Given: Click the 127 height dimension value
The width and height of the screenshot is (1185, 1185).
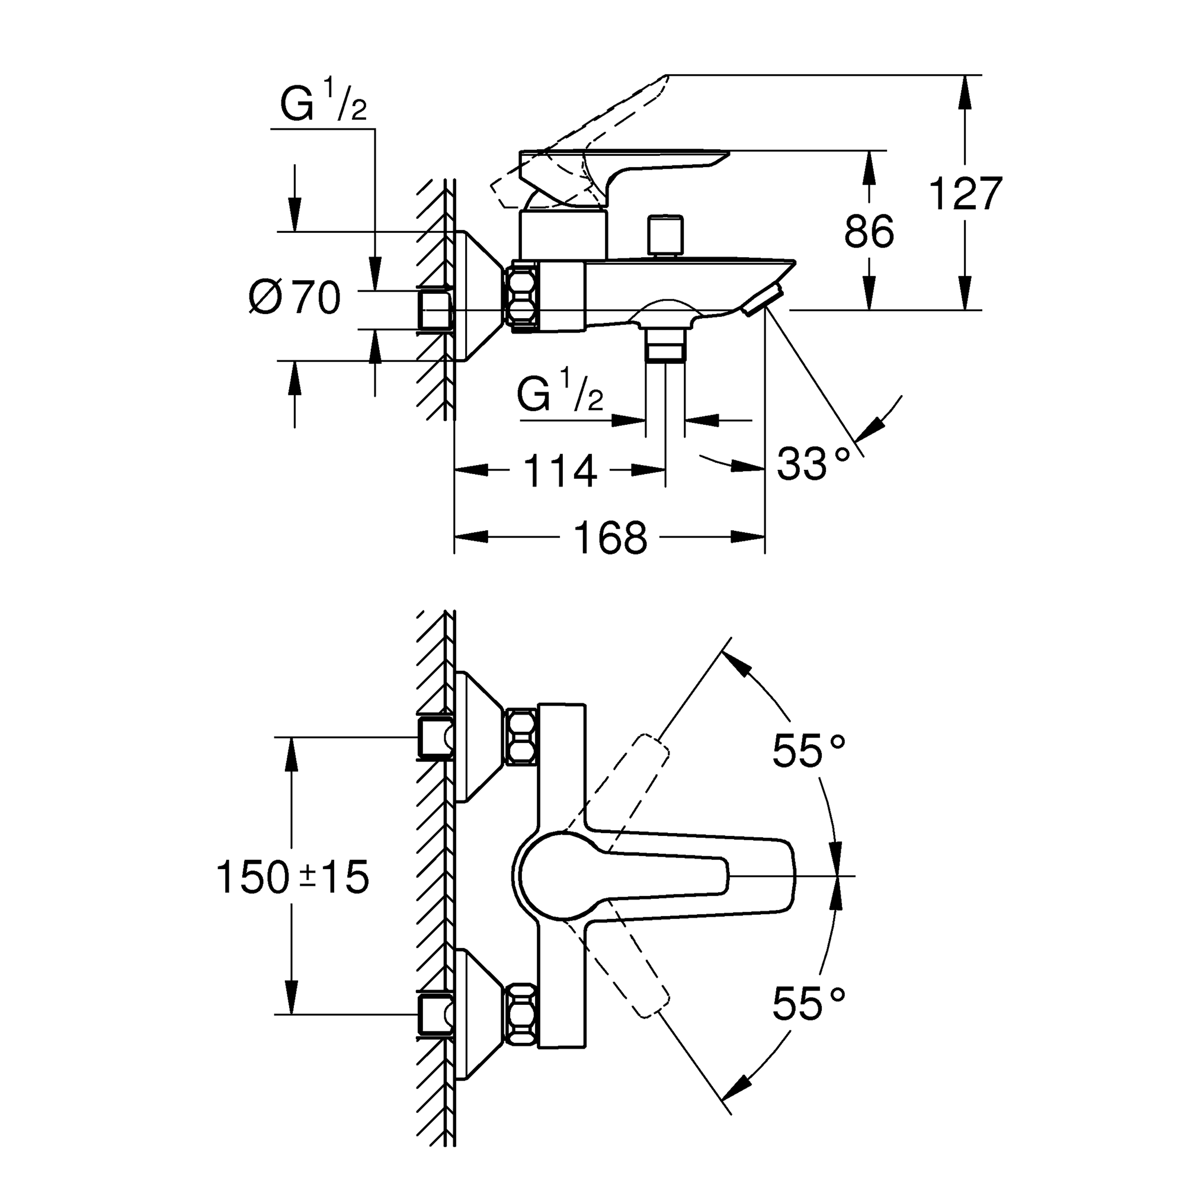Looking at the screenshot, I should point(966,194).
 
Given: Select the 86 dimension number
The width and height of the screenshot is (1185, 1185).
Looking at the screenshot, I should point(869,232).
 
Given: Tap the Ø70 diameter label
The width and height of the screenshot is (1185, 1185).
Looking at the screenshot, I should point(295,298).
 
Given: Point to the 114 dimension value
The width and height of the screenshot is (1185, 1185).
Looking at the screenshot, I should point(561,471).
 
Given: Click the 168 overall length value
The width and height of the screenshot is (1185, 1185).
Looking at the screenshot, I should point(610,538).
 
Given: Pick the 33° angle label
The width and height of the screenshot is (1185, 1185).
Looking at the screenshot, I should point(814,465).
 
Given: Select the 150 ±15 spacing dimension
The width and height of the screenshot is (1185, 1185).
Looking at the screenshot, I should point(293,877).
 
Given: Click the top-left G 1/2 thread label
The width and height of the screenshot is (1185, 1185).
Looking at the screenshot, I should point(324,101).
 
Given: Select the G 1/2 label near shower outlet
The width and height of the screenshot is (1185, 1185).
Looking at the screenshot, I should point(560,393).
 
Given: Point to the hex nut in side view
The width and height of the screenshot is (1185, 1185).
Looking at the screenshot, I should point(521,297).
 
